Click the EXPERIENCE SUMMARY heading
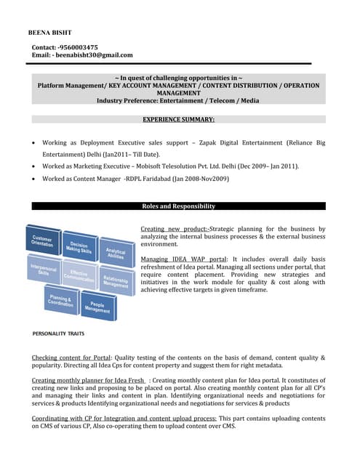178,118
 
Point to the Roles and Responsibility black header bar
178,206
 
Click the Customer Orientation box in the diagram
41,240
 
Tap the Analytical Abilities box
116,254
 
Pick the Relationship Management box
116,281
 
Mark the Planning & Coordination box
61,301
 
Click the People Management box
97,307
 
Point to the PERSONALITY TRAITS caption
58,333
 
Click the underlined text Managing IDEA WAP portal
183,259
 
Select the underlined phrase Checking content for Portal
72,358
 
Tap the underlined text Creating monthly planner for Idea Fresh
87,380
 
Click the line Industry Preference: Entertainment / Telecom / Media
178,100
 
